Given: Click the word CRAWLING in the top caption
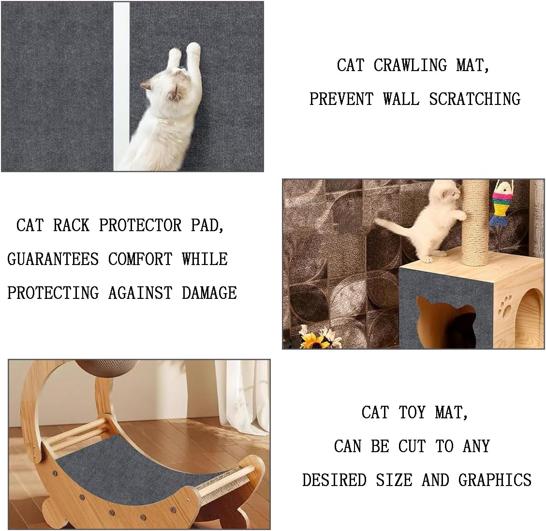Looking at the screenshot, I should pyautogui.click(x=410, y=65).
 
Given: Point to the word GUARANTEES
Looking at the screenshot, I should pyautogui.click(x=53, y=259).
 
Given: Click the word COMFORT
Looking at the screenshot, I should pyautogui.click(x=140, y=259).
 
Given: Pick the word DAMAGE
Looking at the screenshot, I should pyautogui.click(x=209, y=293).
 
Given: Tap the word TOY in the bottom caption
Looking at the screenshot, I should pyautogui.click(x=412, y=412).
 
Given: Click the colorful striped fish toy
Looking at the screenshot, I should pyautogui.click(x=501, y=203).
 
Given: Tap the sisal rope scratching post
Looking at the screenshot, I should pyautogui.click(x=476, y=222).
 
